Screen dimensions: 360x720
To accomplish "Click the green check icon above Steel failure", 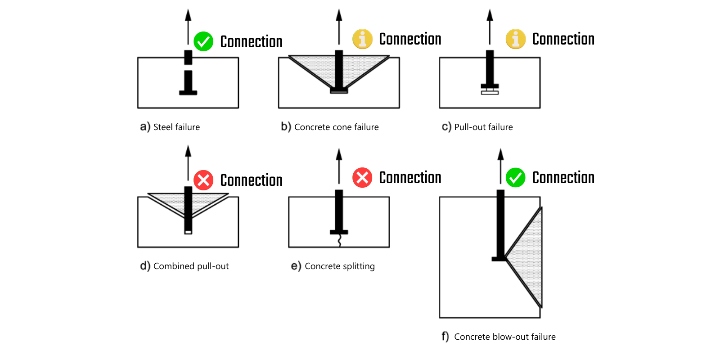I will [203, 41].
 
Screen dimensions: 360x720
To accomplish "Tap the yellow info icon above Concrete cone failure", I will [362, 39].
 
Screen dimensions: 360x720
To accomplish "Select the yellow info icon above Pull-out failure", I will [516, 39].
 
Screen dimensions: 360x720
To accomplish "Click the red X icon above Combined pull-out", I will [203, 180].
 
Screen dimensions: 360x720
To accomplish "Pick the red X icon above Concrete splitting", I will [362, 177].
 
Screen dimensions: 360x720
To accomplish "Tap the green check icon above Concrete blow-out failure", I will [516, 177].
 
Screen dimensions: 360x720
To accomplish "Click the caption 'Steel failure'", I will [176, 127].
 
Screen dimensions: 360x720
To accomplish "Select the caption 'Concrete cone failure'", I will [336, 127].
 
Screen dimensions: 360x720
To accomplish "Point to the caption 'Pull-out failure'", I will [483, 127].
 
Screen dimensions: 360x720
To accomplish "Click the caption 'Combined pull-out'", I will [191, 266].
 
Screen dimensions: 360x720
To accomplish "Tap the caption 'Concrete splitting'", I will [339, 266].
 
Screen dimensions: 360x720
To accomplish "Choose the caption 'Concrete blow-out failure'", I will [504, 337].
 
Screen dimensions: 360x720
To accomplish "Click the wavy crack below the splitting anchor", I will [339, 241].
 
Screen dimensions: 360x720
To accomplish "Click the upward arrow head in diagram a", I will [188, 15].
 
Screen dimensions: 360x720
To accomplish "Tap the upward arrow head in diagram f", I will [500, 154].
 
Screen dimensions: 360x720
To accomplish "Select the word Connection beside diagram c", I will [563, 39].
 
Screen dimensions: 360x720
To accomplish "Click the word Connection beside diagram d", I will [251, 180].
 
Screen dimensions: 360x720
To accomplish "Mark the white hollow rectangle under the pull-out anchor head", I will [490, 92].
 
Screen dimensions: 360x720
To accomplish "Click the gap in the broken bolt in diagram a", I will [188, 67].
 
